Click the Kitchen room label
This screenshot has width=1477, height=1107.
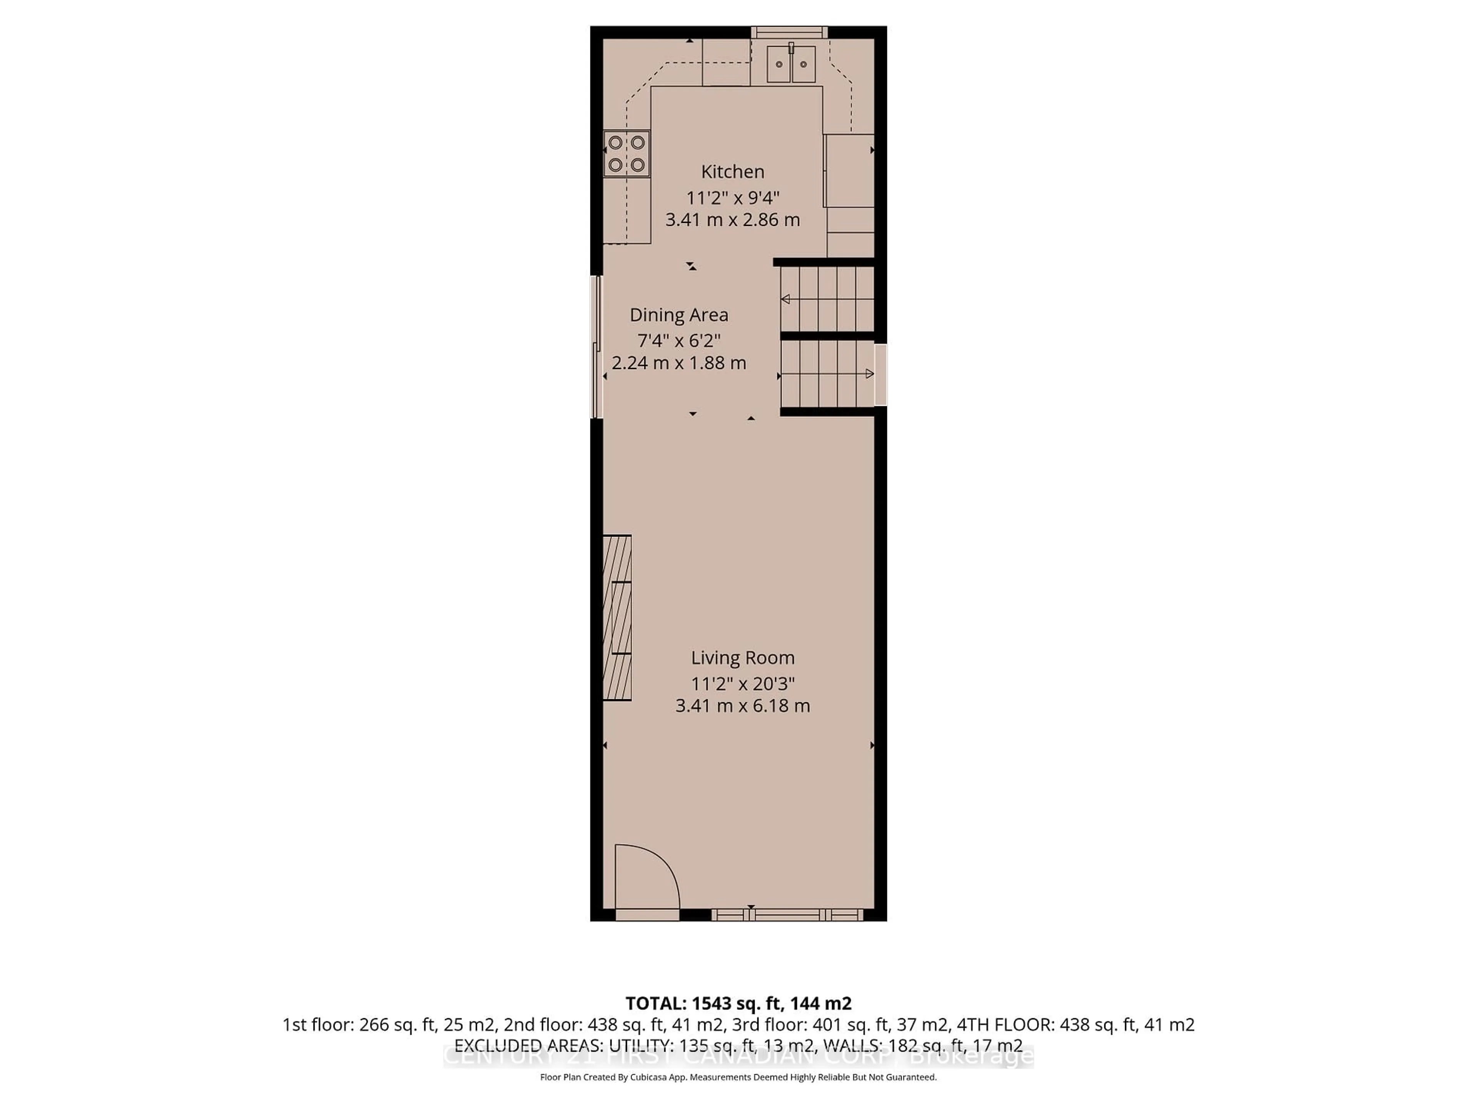(x=732, y=171)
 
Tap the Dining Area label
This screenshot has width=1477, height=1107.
(x=678, y=315)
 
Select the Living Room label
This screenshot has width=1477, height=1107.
(x=742, y=658)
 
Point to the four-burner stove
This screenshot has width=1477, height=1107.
(x=626, y=153)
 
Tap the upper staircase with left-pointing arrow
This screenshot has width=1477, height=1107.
(x=827, y=299)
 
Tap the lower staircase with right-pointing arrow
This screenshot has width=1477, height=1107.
(x=827, y=374)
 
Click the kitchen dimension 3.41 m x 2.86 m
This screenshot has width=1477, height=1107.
(x=732, y=219)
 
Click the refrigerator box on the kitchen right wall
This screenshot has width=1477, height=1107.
(x=849, y=171)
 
